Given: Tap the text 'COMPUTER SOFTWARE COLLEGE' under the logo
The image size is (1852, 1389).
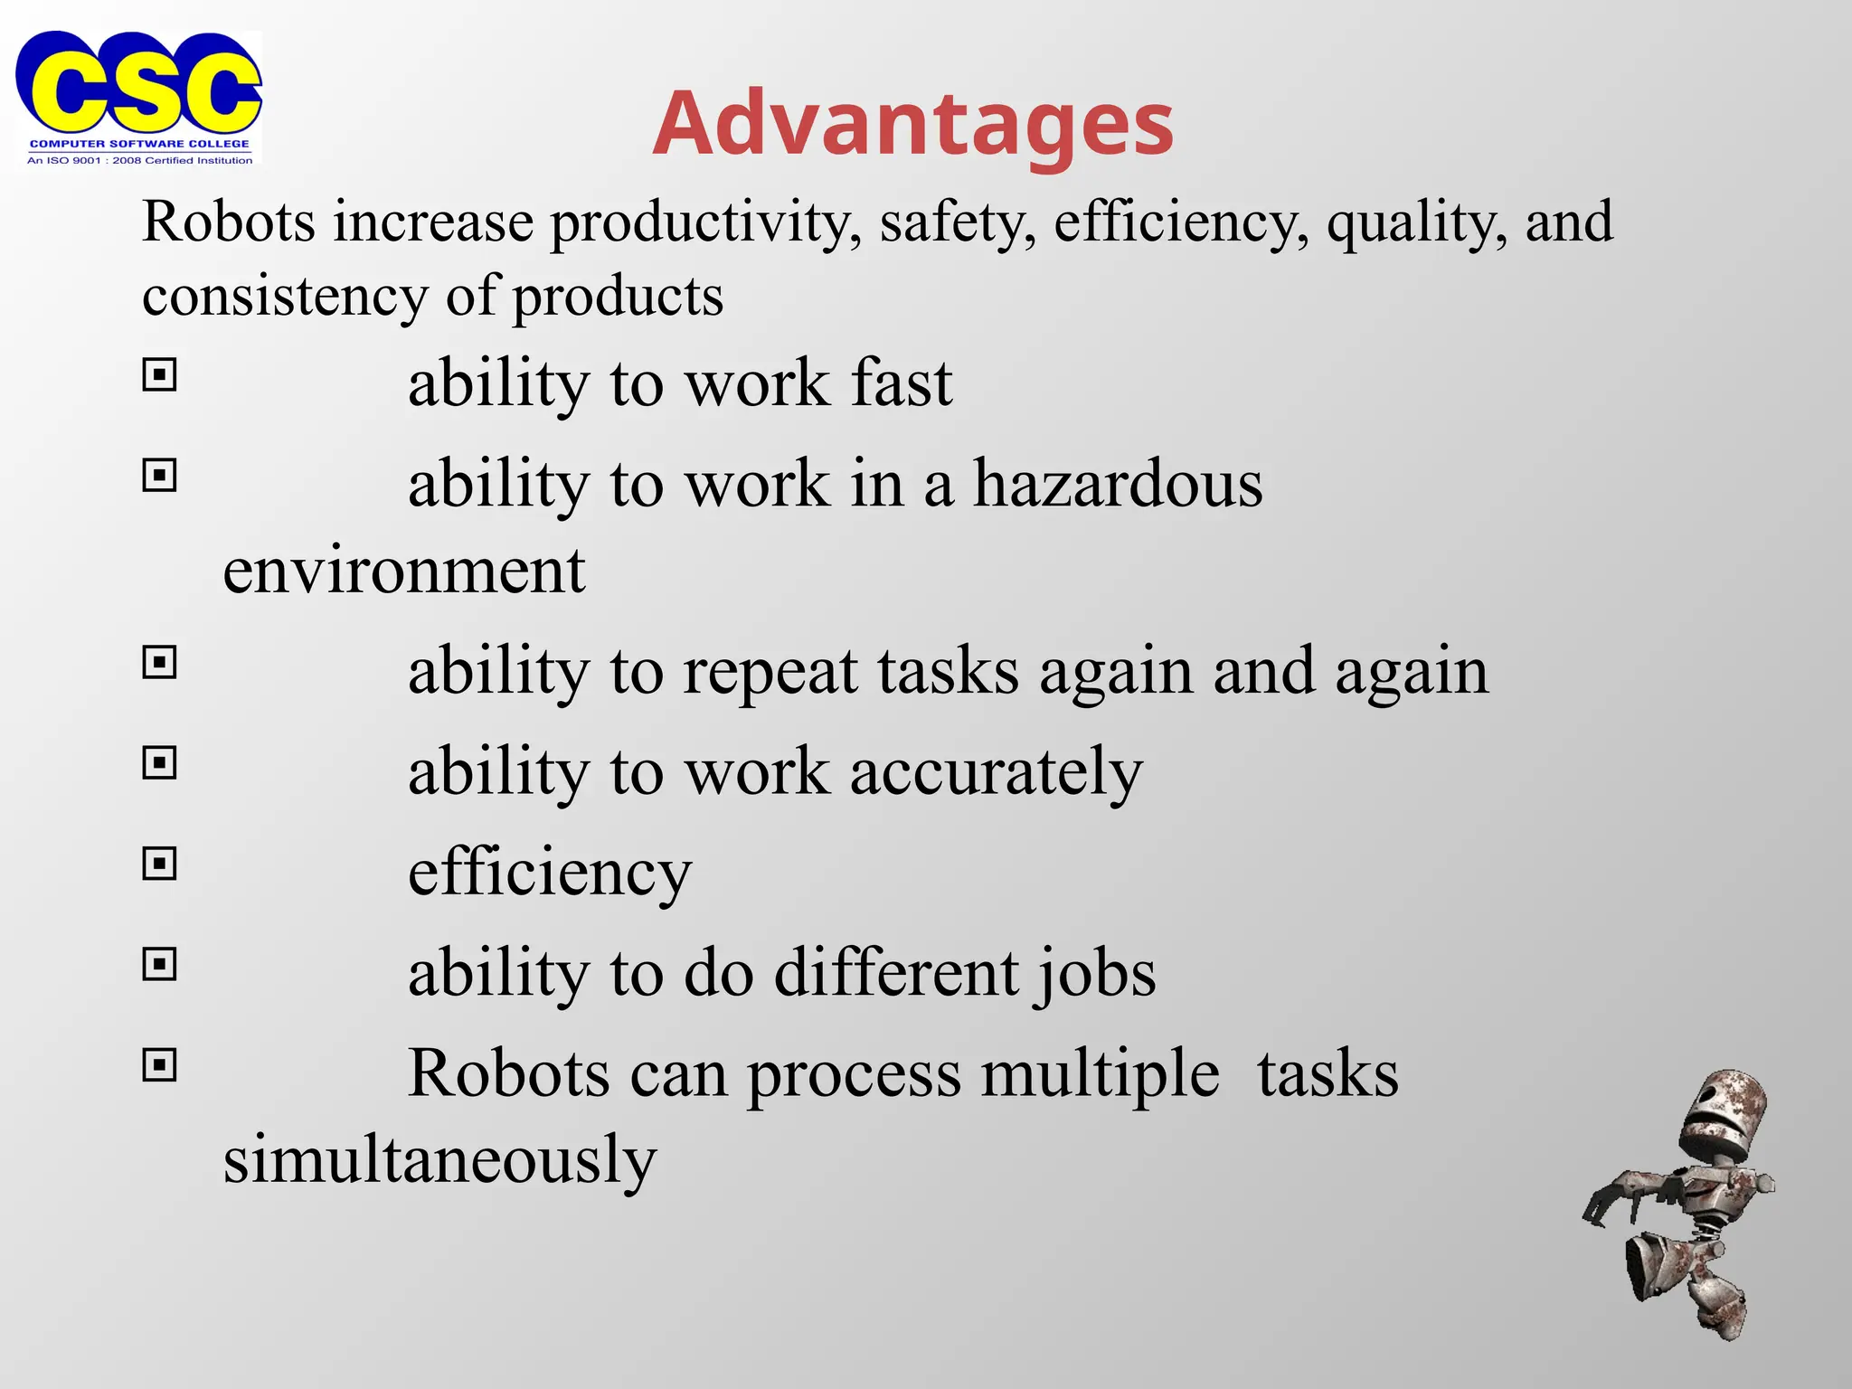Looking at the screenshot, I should [x=139, y=144].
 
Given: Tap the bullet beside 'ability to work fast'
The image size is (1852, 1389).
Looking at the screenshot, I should [x=160, y=374].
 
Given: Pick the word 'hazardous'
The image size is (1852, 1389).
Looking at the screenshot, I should [x=1118, y=484].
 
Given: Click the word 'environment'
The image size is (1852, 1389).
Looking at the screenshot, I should [x=404, y=571].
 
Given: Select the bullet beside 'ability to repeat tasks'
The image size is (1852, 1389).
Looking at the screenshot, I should [x=160, y=663].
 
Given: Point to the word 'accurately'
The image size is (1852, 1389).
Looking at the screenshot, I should [x=996, y=772].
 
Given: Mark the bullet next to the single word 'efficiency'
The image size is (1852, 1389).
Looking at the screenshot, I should [x=160, y=865].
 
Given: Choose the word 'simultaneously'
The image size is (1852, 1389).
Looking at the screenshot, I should [x=439, y=1160].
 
